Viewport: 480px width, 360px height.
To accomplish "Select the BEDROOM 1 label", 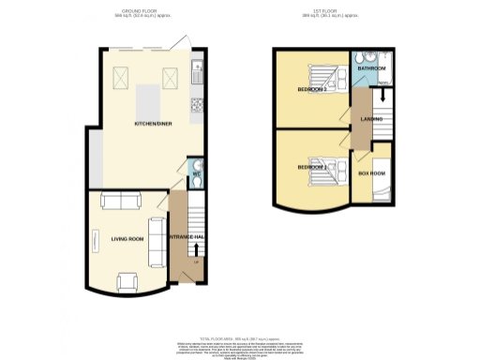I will (312, 168).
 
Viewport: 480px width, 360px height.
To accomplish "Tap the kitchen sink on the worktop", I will (197, 70).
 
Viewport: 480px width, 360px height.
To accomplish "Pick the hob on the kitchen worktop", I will (197, 102).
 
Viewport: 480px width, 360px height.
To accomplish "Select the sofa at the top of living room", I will (121, 200).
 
